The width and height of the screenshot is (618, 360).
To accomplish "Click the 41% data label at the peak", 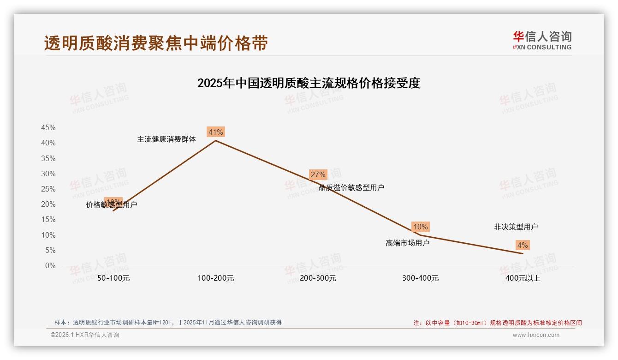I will coord(215,132).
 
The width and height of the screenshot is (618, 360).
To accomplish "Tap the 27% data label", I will coord(318,174).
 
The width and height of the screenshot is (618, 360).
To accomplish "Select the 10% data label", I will coord(420,227).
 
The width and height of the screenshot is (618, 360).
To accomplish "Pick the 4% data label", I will coord(522,245).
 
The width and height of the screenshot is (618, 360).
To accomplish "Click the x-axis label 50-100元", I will coord(113,278).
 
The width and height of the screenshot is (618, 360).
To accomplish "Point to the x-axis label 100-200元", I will coord(216,278).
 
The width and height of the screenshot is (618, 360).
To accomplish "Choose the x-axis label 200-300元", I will coord(318,278).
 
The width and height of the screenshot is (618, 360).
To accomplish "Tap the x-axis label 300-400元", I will coord(420,278).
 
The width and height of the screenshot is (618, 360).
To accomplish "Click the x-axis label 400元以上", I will coord(523,278).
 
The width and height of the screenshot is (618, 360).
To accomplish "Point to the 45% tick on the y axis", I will coord(48,128).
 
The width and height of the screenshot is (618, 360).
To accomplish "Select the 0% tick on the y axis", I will coord(50,266).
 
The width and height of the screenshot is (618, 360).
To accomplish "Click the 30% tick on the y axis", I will coord(48,174).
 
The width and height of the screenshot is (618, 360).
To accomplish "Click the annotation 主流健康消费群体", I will coord(166,139).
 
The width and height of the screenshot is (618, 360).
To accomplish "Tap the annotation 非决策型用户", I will coord(516,227).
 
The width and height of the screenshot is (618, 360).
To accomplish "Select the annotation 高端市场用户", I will coord(407,243).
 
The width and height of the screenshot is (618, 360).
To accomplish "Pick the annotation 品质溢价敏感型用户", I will coord(351,187).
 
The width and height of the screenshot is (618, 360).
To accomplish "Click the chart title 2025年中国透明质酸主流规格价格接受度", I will coord(309,83).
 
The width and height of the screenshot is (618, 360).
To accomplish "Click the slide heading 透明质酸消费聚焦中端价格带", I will coord(156,43).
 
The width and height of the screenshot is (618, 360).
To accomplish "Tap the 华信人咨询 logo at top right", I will coord(542,40).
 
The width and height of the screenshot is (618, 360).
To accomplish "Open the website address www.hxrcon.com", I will coord(535,335).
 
